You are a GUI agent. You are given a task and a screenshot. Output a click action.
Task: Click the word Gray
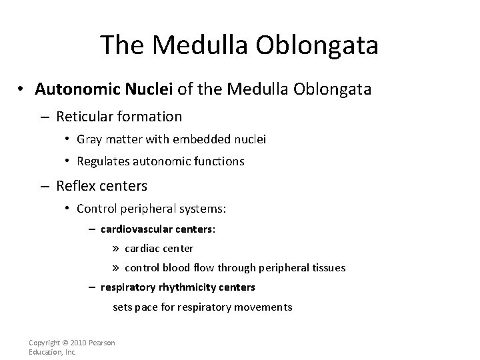pyautogui.click(x=89, y=139)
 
